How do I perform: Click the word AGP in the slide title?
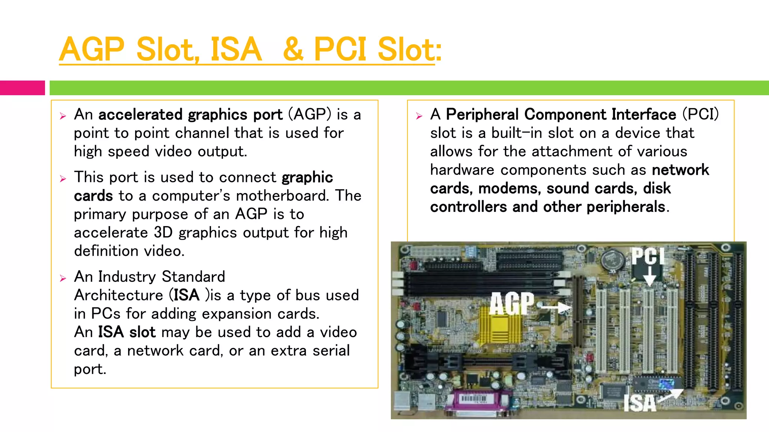92,49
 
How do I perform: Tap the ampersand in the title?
293,49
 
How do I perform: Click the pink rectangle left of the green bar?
22,88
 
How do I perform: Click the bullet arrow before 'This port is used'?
63,178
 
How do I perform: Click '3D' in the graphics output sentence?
163,232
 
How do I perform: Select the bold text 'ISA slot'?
127,332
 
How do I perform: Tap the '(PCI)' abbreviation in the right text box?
700,114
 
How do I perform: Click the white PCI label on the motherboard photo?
648,256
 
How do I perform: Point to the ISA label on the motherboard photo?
639,403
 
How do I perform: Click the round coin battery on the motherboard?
613,259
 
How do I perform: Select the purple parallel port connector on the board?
478,403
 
